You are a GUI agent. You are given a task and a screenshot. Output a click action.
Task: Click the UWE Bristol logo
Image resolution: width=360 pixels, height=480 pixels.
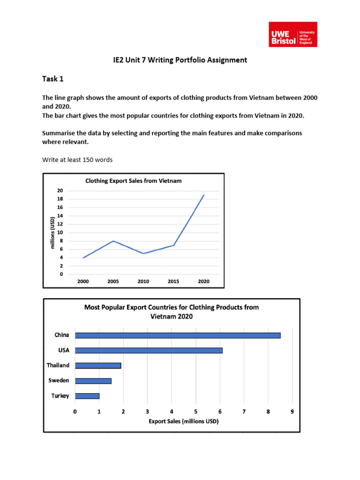pyautogui.click(x=293, y=34)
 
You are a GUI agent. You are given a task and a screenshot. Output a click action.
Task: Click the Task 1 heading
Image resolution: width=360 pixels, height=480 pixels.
pyautogui.click(x=52, y=79)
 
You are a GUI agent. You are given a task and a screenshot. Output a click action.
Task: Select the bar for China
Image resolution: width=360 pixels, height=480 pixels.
pyautogui.click(x=178, y=335)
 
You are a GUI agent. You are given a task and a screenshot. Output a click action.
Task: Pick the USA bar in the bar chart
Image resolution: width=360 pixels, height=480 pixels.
pyautogui.click(x=149, y=350)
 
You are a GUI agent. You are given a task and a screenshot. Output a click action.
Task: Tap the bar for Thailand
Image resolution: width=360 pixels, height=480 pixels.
pyautogui.click(x=98, y=366)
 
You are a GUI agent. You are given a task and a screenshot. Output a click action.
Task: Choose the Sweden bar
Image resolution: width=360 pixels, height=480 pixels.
pyautogui.click(x=93, y=381)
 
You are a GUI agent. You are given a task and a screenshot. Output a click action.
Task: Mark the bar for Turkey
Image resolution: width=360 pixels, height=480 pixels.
pyautogui.click(x=87, y=396)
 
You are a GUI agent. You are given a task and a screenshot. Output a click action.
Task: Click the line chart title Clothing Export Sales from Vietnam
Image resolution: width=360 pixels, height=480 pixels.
pyautogui.click(x=133, y=180)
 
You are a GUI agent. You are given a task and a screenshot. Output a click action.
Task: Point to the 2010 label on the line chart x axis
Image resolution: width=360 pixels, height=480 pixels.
pyautogui.click(x=143, y=282)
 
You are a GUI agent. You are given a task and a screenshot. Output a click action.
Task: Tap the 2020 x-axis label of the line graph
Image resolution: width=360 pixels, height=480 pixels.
pyautogui.click(x=203, y=282)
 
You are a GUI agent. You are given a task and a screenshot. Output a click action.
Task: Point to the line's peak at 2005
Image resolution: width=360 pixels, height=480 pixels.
pyautogui.click(x=113, y=241)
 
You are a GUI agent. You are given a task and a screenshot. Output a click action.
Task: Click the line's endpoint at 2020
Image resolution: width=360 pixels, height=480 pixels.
pyautogui.click(x=203, y=195)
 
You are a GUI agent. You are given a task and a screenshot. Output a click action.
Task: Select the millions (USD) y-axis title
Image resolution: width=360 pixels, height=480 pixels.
pyautogui.click(x=53, y=232)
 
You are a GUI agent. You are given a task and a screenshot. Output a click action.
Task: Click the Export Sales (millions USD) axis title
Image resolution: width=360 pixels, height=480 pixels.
pyautogui.click(x=183, y=421)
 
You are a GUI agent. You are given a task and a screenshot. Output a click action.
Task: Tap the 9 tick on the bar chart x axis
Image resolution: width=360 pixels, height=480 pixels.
pyautogui.click(x=292, y=412)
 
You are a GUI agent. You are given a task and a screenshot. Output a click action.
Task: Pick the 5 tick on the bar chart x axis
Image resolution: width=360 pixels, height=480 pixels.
pyautogui.click(x=195, y=412)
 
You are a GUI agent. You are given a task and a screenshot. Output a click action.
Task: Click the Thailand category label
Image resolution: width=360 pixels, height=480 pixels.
pyautogui.click(x=58, y=365)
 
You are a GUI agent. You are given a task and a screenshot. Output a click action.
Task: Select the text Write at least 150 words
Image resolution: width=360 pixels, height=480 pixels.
pyautogui.click(x=77, y=160)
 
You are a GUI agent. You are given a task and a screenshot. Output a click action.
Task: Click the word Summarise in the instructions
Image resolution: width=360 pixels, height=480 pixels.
pyautogui.click(x=59, y=133)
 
